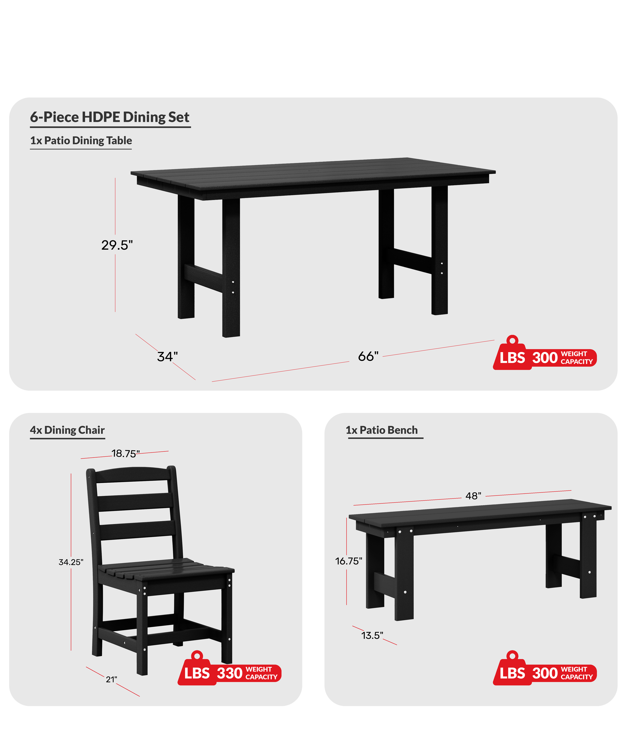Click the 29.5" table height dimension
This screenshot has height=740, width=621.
pos(117,245)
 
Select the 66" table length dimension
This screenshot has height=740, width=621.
pos(368,356)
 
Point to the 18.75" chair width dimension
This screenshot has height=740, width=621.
pos(125,454)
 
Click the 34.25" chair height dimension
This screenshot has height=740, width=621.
pos(71,562)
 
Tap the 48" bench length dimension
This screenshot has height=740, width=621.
pos(473,496)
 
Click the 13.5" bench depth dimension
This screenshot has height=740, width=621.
pos(372,635)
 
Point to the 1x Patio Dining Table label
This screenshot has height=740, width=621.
pos(81,141)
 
